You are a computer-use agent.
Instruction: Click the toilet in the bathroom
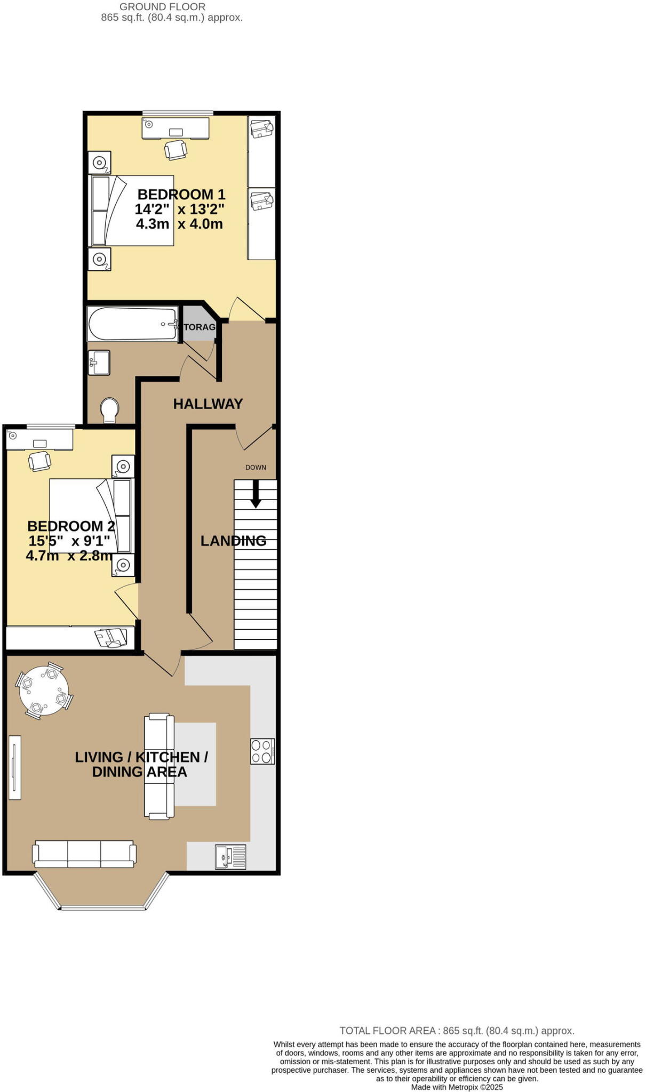point(110,410)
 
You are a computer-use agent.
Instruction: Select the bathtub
point(133,324)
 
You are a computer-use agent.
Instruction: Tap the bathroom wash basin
point(99,363)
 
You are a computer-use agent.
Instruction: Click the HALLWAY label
point(208,404)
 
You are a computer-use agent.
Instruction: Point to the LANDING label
point(233,541)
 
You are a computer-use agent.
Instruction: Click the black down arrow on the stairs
point(256,494)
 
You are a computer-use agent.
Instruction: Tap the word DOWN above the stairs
point(256,468)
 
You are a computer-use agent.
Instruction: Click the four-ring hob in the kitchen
point(262,751)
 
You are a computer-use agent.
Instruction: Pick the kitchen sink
point(230,857)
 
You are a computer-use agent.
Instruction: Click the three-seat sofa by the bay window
point(84,853)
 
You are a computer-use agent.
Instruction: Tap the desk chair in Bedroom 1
point(176,149)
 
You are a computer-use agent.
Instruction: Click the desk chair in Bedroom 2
point(39,461)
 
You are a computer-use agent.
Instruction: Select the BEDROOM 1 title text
point(181,195)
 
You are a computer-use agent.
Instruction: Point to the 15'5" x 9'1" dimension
point(69,541)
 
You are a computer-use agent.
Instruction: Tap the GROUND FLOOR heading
point(162,7)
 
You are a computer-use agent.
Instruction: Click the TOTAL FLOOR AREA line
point(457,1031)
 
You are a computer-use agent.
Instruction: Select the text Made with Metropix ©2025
point(457,1087)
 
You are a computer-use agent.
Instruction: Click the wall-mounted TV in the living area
point(15,767)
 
